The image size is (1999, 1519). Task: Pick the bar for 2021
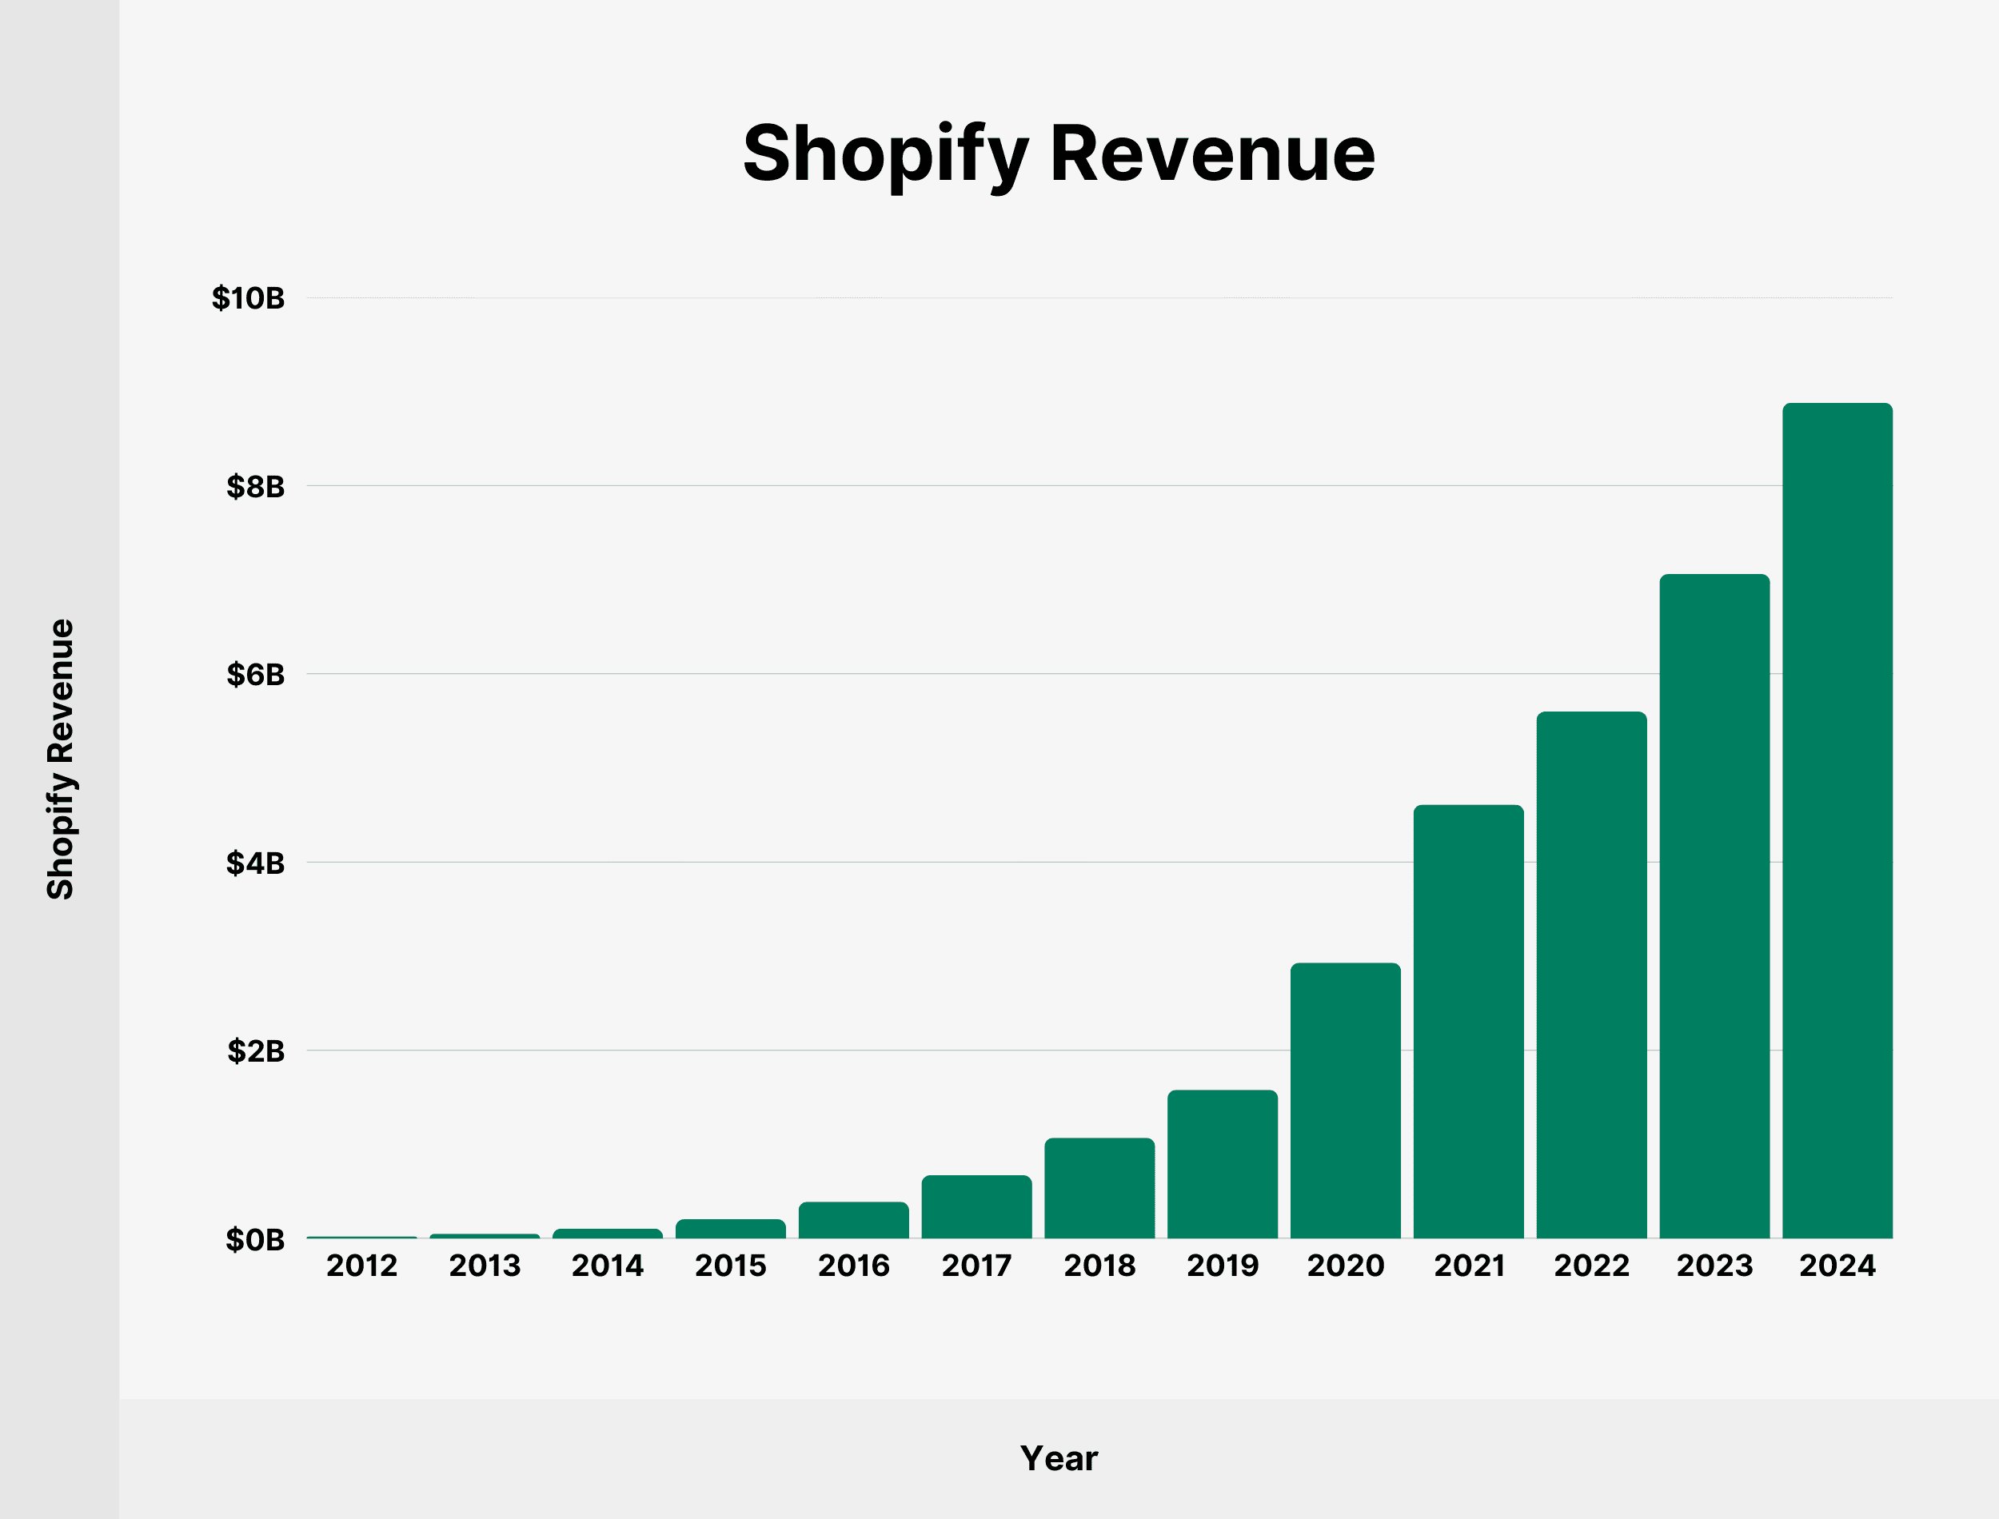(1468, 1022)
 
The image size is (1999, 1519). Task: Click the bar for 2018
(1099, 1188)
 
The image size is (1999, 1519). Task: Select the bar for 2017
(976, 1207)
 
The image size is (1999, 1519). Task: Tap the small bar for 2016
(853, 1221)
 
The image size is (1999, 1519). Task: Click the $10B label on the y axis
(248, 298)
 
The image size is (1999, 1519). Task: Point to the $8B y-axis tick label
(255, 486)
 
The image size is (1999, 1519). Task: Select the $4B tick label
(255, 863)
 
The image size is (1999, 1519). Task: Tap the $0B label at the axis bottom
(255, 1240)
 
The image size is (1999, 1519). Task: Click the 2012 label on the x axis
(361, 1266)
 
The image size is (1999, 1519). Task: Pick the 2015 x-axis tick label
(731, 1266)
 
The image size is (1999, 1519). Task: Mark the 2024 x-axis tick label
(1837, 1266)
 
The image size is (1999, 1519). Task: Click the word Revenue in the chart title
(1211, 153)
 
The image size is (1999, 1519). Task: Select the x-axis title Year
(1059, 1458)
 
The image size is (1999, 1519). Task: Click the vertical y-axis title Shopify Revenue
(61, 759)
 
